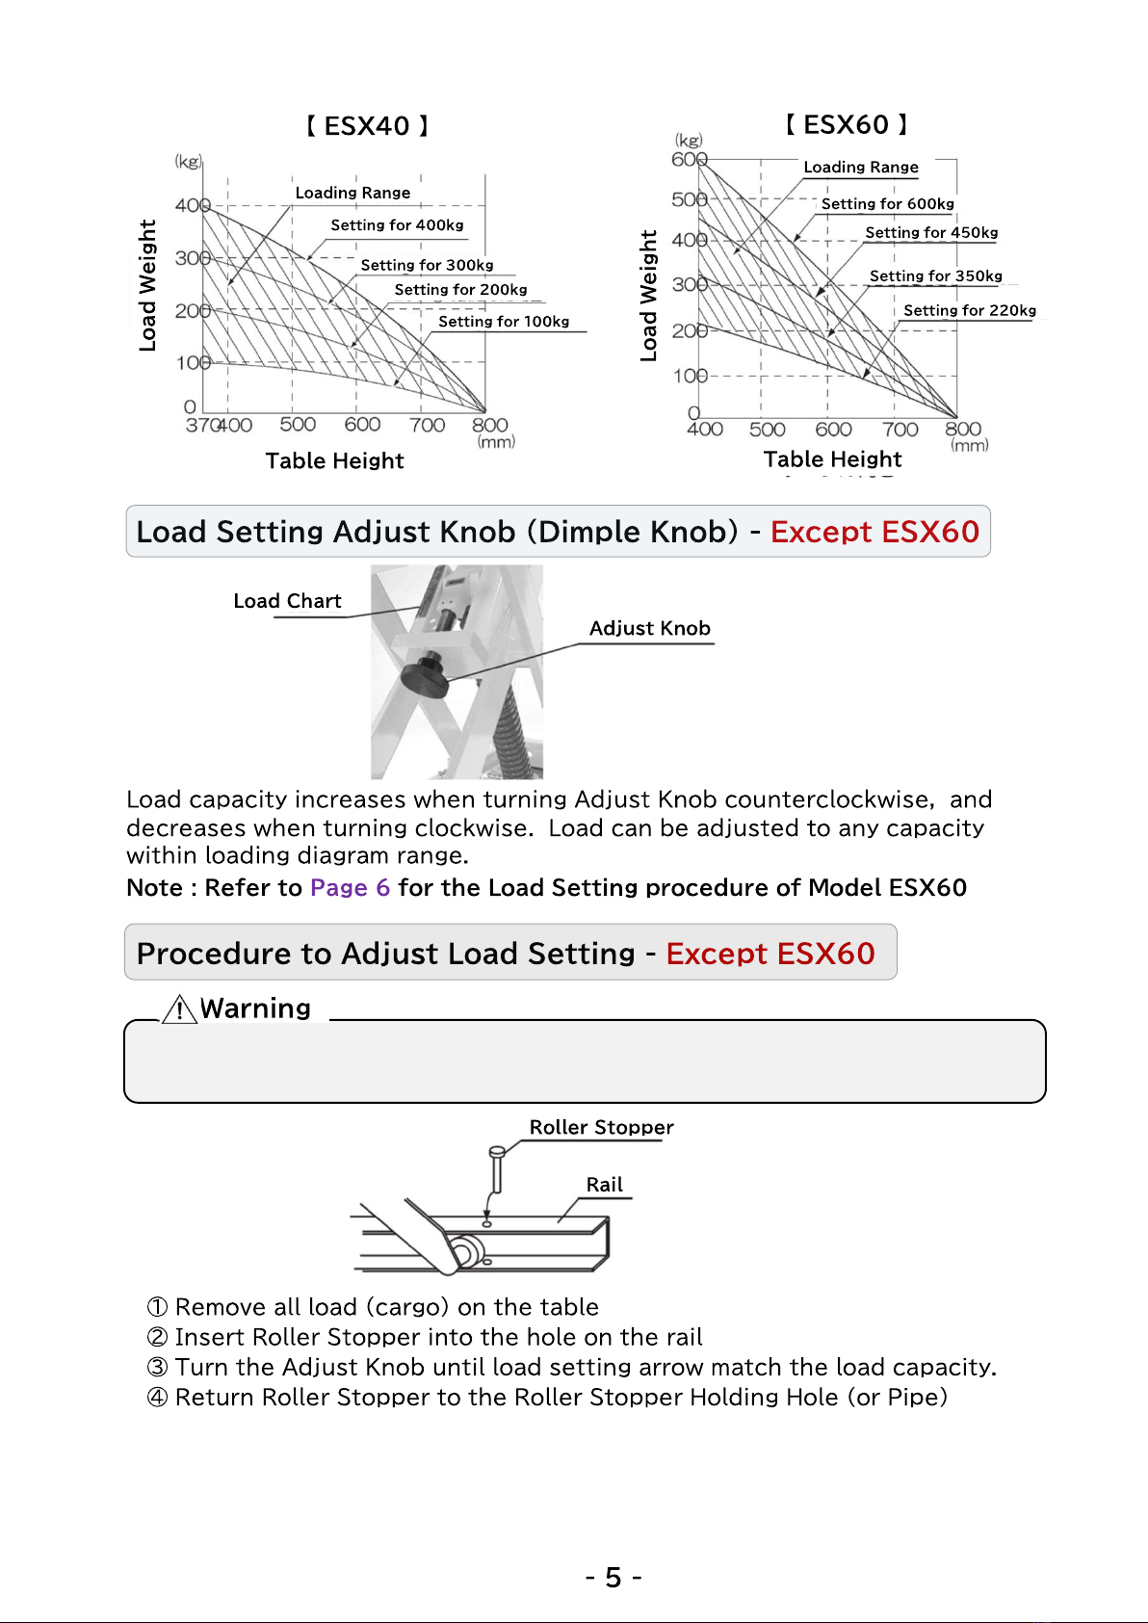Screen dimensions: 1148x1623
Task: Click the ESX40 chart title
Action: [367, 126]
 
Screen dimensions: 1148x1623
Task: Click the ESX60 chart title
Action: [847, 124]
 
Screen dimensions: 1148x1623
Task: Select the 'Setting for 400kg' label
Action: [397, 225]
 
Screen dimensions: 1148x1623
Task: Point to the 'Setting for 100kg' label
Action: [504, 321]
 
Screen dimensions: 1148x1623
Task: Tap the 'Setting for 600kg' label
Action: [887, 203]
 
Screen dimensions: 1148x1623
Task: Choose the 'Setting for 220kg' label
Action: [969, 310]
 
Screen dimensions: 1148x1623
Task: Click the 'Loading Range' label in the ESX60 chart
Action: [860, 168]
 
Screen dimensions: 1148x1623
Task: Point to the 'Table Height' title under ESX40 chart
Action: [334, 460]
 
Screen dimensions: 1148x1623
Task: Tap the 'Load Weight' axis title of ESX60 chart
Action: [648, 296]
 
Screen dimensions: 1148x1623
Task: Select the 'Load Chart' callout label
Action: [287, 601]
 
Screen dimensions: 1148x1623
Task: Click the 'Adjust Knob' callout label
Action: [649, 628]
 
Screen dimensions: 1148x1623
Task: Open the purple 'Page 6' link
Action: [350, 887]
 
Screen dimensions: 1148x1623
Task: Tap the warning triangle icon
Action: [179, 1008]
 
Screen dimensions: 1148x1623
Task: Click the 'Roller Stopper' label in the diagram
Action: [601, 1127]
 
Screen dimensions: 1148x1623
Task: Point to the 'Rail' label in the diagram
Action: [604, 1185]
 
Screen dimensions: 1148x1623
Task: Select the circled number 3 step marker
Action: [158, 1367]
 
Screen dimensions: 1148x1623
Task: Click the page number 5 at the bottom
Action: [613, 1578]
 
